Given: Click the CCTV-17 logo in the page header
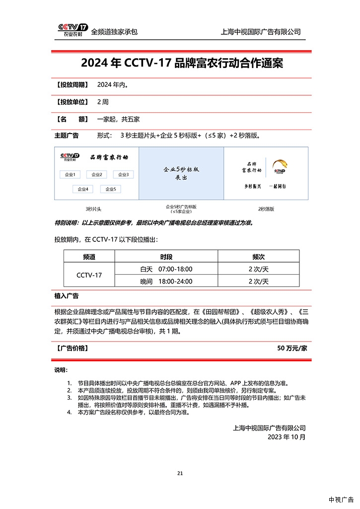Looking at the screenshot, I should click(72, 30).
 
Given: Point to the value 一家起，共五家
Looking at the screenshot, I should click(118, 119).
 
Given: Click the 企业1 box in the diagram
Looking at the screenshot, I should click(70, 174).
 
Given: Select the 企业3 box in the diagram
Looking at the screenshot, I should click(123, 174).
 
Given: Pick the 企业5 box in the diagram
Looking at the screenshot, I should click(111, 189).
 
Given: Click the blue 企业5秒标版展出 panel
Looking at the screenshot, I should click(181, 173).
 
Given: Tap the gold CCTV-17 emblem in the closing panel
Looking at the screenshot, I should click(281, 166).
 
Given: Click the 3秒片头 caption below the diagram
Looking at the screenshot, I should click(94, 209).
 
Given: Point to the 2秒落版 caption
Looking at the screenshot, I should click(266, 209).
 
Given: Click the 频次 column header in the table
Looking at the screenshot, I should click(258, 257).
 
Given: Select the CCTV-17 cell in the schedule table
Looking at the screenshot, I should click(89, 275).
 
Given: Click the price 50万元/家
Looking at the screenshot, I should click(292, 348).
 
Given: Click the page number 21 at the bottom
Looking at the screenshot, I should click(180, 473).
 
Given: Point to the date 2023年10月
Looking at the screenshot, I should click(287, 437).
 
